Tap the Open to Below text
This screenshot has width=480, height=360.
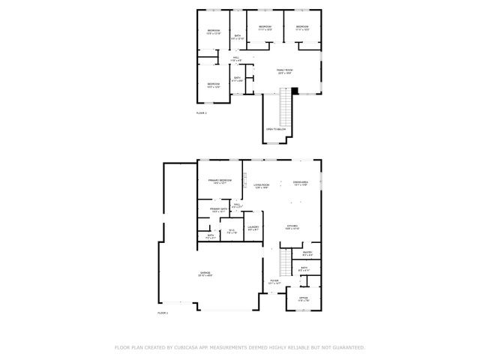[x=275, y=129]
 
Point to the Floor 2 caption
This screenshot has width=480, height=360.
[x=202, y=112]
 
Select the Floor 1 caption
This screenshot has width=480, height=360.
[x=163, y=312]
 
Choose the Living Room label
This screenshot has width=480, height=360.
[x=261, y=185]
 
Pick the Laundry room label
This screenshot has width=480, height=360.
[x=253, y=227]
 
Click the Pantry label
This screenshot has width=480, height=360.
[x=307, y=253]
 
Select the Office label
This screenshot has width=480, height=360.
[x=304, y=298]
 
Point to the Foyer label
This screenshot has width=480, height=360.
[x=274, y=282]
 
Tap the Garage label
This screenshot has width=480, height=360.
[x=205, y=273]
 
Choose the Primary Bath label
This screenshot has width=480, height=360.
[x=219, y=210]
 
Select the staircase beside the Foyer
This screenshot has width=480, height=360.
[x=284, y=262]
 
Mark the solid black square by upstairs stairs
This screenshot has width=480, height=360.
[x=295, y=91]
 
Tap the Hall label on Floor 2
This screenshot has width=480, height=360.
[x=235, y=58]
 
